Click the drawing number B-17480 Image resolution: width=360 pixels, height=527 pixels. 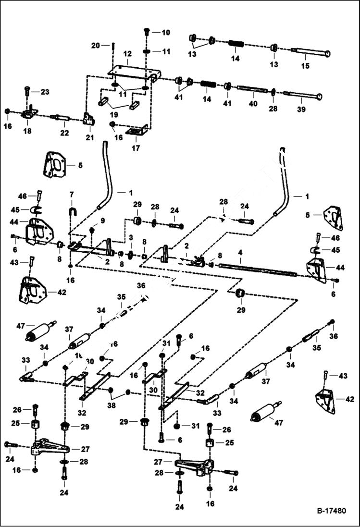click(x=331, y=511)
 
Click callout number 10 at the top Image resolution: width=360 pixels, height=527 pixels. click(x=165, y=33)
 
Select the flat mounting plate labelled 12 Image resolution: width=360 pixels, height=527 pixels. click(x=132, y=73)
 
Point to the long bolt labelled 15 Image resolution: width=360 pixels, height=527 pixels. click(x=310, y=52)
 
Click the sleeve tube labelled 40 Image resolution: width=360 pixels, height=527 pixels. click(x=252, y=90)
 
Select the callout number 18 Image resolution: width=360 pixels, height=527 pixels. click(x=27, y=131)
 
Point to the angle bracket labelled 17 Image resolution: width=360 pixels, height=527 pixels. click(x=137, y=131)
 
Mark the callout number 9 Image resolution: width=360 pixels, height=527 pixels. click(x=101, y=220)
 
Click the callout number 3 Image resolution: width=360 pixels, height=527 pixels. click(x=130, y=237)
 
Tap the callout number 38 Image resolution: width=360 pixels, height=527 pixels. click(x=111, y=406)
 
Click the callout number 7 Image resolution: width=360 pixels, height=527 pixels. click(x=71, y=194)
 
